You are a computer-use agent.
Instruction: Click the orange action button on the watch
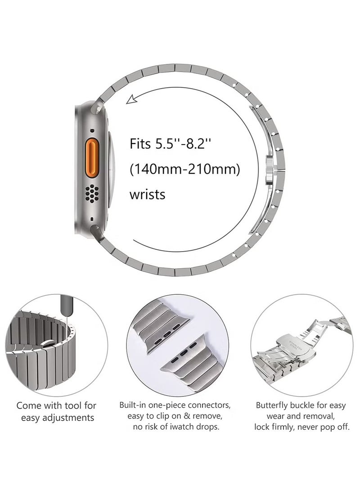[x=93, y=155]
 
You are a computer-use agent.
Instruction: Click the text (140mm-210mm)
[x=184, y=170]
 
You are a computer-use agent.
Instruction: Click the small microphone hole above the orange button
[x=93, y=131]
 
